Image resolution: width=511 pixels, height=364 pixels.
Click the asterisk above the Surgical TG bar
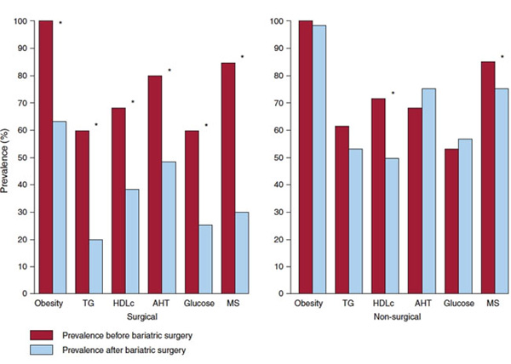point(96,126)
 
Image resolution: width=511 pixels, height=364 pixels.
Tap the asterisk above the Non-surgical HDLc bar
point(393,94)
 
